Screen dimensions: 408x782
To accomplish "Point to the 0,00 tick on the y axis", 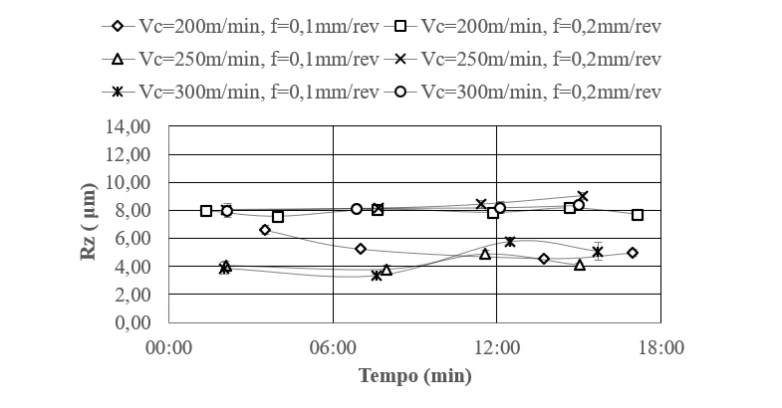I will [x=132, y=322].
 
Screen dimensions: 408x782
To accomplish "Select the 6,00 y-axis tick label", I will [x=132, y=239].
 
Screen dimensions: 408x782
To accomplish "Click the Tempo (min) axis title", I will [x=414, y=376].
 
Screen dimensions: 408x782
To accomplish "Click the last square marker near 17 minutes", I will [x=638, y=215].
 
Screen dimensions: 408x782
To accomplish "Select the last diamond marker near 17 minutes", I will [x=633, y=253].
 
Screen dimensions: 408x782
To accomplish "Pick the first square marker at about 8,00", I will [x=206, y=211].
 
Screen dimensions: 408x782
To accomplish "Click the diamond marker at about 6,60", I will [x=265, y=230].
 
